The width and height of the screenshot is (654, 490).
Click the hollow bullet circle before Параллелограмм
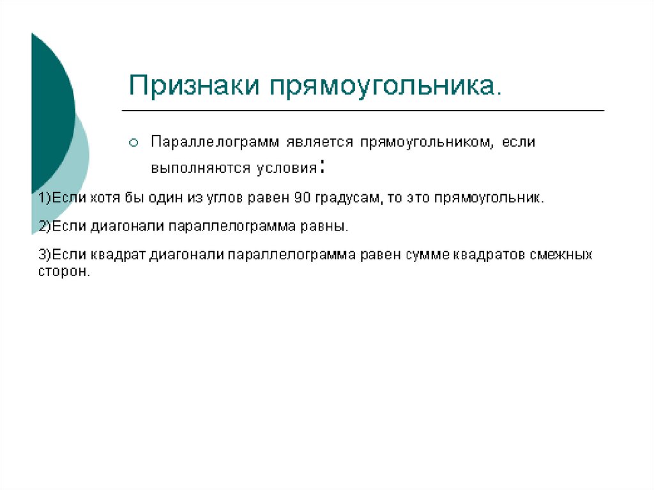click(133, 143)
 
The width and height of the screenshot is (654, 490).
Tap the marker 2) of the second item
click(44, 226)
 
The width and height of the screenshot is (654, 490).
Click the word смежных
click(561, 255)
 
